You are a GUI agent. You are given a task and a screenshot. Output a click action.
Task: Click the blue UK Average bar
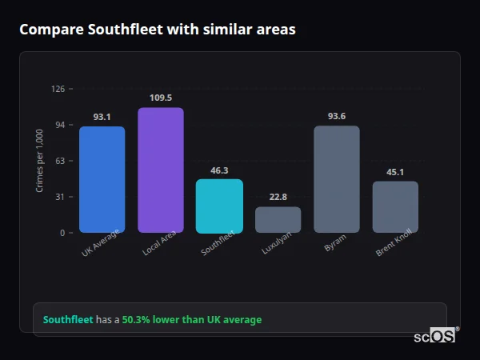coord(102,179)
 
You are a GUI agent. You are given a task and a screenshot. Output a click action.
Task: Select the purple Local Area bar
coord(160,170)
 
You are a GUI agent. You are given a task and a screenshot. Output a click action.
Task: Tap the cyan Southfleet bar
coord(219,206)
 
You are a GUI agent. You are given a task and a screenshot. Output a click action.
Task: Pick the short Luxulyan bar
coord(278,220)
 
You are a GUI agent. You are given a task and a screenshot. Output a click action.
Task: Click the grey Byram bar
coord(336,179)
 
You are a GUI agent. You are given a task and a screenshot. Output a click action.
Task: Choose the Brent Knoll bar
coord(395,206)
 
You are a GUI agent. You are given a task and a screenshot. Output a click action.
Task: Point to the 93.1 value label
coord(102,117)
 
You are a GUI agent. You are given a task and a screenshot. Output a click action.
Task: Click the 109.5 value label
coord(160,98)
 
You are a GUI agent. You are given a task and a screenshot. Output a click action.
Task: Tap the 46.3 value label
coord(219,170)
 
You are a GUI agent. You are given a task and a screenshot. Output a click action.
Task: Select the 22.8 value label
coord(278,197)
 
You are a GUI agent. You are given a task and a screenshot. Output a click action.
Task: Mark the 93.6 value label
coord(336,116)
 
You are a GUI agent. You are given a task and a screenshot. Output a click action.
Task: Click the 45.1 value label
coord(395,171)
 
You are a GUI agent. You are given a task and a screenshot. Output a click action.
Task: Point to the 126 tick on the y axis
coord(58,89)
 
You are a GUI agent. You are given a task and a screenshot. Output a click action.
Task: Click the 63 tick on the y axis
coord(59,161)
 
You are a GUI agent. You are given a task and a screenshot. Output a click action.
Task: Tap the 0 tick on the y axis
coord(62,233)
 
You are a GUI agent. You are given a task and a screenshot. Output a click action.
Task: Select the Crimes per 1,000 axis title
coord(40,161)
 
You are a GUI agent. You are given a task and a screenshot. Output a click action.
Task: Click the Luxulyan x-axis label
coord(278,243)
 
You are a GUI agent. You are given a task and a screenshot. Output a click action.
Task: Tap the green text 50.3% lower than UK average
coord(191,319)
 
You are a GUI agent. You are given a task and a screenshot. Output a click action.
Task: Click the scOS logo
coord(434,337)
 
